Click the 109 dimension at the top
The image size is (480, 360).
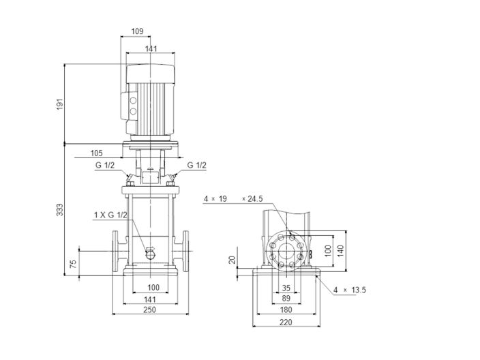pos(136,31)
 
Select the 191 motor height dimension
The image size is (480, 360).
pos(59,104)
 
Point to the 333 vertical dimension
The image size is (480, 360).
pos(59,208)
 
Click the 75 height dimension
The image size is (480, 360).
pos(72,263)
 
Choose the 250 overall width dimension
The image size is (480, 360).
pos(150,310)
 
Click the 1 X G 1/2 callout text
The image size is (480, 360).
pos(110,215)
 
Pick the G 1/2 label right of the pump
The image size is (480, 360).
pos(196,165)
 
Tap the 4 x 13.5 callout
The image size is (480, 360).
pos(350,290)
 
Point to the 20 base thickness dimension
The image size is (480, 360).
pos(232,260)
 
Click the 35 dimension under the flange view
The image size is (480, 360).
pos(286,288)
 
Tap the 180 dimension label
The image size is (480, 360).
pos(286,310)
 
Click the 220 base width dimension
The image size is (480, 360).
pos(286,323)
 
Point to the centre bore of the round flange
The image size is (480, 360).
pos(286,250)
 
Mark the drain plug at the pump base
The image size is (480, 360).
pos(150,256)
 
